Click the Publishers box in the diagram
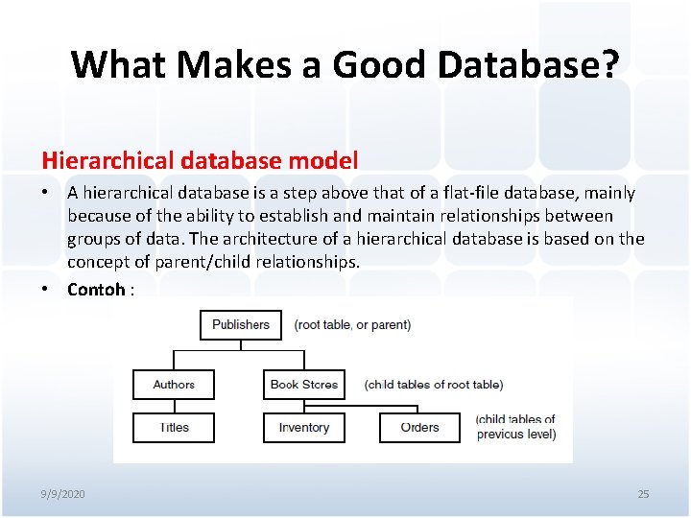[x=241, y=324]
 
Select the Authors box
[x=174, y=385]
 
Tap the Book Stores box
[x=304, y=385]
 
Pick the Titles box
[x=174, y=428]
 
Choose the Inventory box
[x=304, y=428]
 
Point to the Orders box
[x=419, y=428]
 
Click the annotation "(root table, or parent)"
[x=352, y=325]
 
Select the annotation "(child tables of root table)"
[x=433, y=385]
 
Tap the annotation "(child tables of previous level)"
[x=515, y=427]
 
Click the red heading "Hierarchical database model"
[x=199, y=160]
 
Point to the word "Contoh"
[x=95, y=290]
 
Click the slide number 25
[x=643, y=494]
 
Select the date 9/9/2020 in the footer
[x=62, y=494]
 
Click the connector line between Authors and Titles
[x=174, y=407]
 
